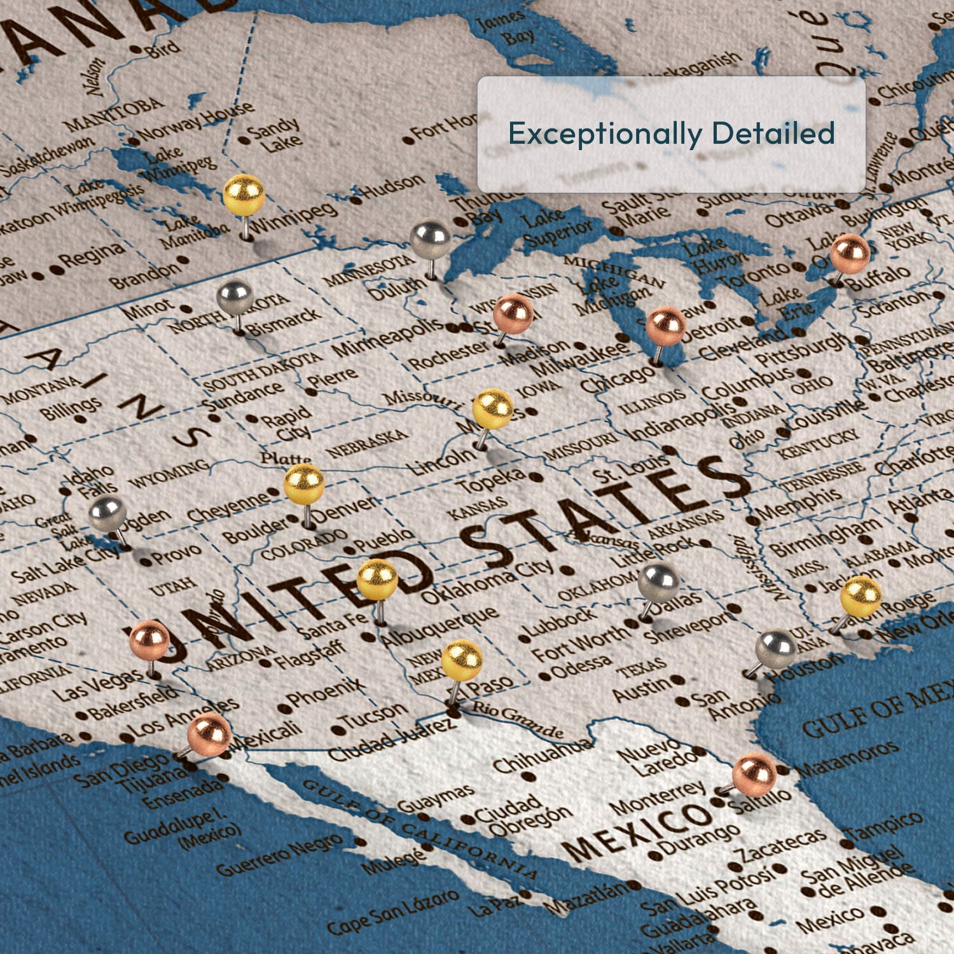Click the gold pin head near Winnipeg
click(x=244, y=194)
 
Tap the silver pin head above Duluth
click(x=431, y=238)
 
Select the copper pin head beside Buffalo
click(x=849, y=253)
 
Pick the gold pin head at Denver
click(x=304, y=484)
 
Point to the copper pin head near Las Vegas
click(x=149, y=640)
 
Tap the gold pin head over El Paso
click(x=462, y=660)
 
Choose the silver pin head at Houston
click(x=776, y=649)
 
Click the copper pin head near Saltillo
click(x=754, y=774)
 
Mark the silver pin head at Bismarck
click(x=235, y=297)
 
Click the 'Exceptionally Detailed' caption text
click(x=671, y=134)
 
